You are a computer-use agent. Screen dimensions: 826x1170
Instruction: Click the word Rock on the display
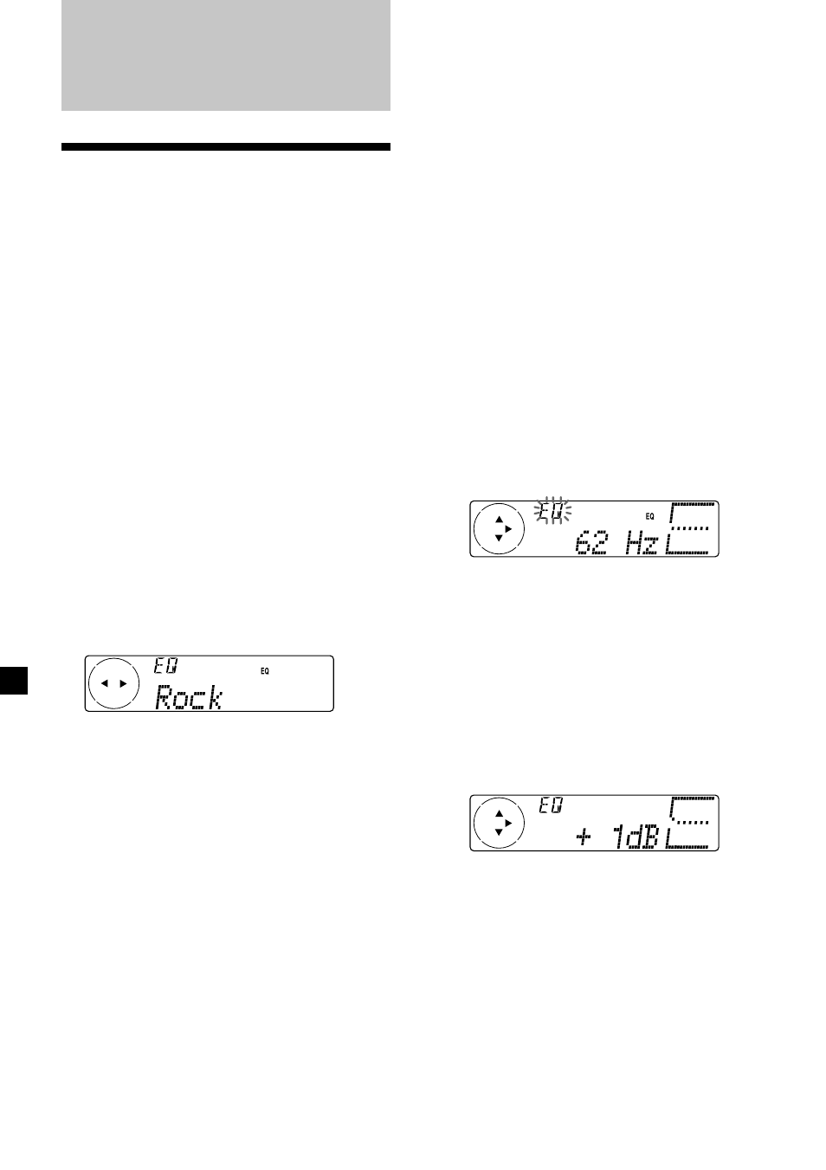pos(189,697)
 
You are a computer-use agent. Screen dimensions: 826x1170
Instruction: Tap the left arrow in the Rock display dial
pos(105,683)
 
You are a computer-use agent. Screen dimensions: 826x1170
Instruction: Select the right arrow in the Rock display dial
pos(123,683)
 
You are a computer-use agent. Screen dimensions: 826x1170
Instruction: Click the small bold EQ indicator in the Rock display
pos(265,671)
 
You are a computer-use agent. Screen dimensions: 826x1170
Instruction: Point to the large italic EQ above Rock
pos(165,665)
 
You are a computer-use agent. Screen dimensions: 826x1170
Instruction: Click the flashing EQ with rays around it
pos(552,511)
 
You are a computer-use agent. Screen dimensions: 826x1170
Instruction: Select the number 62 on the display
pos(592,544)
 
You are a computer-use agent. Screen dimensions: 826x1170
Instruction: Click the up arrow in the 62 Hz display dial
pos(500,520)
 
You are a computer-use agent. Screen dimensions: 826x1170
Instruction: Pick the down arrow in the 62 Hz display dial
pos(499,538)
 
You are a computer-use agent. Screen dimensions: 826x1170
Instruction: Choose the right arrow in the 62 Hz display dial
pos(508,529)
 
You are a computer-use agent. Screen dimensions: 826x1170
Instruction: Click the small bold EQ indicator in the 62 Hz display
pos(649,516)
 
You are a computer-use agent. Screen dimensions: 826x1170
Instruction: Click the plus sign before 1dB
pos(584,838)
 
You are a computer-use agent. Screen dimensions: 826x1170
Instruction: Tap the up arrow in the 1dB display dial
pos(500,813)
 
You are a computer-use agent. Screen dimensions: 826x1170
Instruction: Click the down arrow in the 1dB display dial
pos(499,832)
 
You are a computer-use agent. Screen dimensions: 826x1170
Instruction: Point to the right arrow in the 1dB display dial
pos(508,824)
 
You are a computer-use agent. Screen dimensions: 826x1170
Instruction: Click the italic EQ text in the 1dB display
pos(551,806)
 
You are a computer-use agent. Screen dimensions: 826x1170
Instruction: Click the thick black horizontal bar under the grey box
pos(226,146)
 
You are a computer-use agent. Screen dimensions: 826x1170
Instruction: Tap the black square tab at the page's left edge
pos(14,680)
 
